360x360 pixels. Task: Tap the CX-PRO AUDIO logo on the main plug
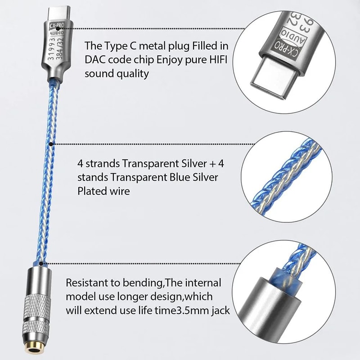click(54, 34)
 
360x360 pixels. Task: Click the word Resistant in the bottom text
click(88, 283)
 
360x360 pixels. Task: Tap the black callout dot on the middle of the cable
click(51, 144)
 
